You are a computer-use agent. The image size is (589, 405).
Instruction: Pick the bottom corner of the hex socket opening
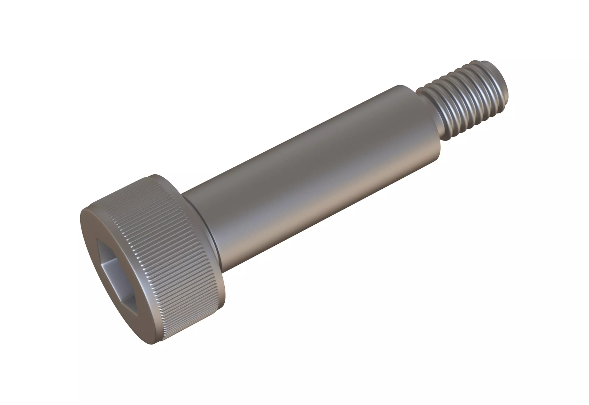click(137, 316)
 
